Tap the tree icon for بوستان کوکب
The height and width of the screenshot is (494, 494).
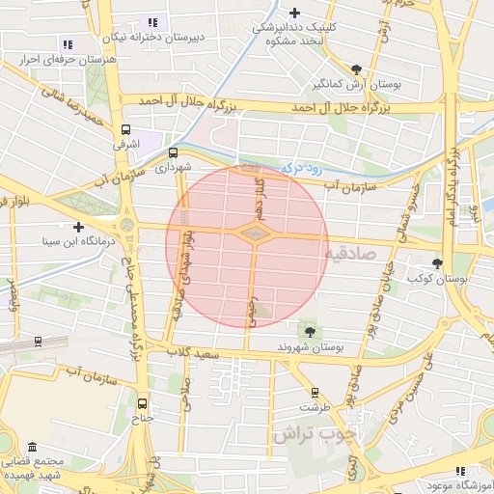coord(438,262)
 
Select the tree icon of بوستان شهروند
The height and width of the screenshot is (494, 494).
coord(309,332)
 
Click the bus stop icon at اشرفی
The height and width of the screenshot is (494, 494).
coord(125,129)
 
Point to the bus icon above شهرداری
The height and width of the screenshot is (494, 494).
coord(174,152)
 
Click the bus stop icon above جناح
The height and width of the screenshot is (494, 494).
coord(143,404)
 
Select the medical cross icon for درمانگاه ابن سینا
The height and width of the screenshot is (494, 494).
coord(79,227)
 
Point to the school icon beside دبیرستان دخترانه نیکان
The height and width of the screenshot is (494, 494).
coord(151,22)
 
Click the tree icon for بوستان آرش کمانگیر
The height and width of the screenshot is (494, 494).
coord(357,69)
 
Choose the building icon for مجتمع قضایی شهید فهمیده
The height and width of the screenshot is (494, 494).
coord(33,449)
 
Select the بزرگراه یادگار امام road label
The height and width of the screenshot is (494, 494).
coord(450,183)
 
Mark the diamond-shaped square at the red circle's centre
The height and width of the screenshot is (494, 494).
coord(254,233)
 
